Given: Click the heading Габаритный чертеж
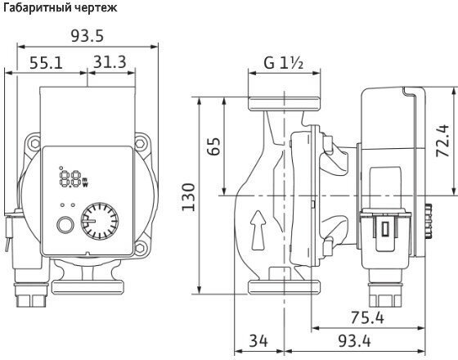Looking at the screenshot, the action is (x=61, y=7).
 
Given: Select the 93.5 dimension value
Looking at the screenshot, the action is (x=88, y=36).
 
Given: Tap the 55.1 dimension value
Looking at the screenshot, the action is (x=46, y=62).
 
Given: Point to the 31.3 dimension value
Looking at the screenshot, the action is (x=110, y=61).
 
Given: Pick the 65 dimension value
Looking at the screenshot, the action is (x=213, y=146).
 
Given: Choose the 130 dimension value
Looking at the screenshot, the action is (x=188, y=197).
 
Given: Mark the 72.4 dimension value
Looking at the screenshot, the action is (x=442, y=141).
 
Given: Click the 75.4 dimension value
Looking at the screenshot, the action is (x=367, y=317).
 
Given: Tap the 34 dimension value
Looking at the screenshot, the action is (x=258, y=340).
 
